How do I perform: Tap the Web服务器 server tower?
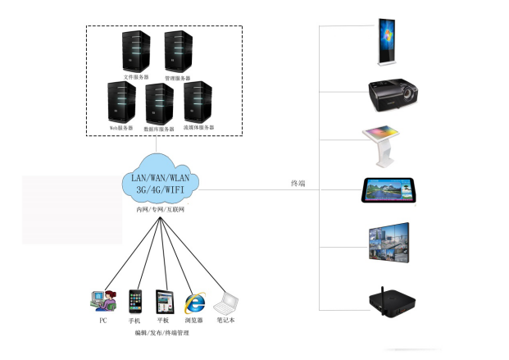coord(121,102)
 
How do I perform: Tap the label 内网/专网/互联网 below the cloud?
coord(161,211)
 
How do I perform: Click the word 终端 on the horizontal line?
coord(298,184)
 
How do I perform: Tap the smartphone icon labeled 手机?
coord(136,301)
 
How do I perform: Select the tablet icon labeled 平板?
coord(165,301)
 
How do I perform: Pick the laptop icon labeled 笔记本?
coord(225,303)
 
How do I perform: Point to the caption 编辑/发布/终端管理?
coord(164,333)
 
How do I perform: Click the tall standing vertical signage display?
coord(386,39)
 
